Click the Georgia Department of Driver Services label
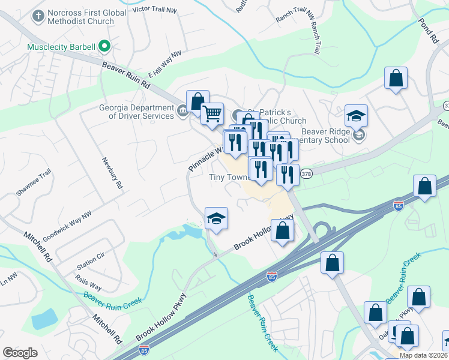pyautogui.click(x=136, y=112)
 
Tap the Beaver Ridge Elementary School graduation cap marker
pyautogui.click(x=356, y=116)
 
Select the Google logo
pyautogui.click(x=20, y=353)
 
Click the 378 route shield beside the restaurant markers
pyautogui.click(x=306, y=173)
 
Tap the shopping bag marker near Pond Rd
pyautogui.click(x=396, y=78)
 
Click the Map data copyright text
pyautogui.click(x=423, y=355)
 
